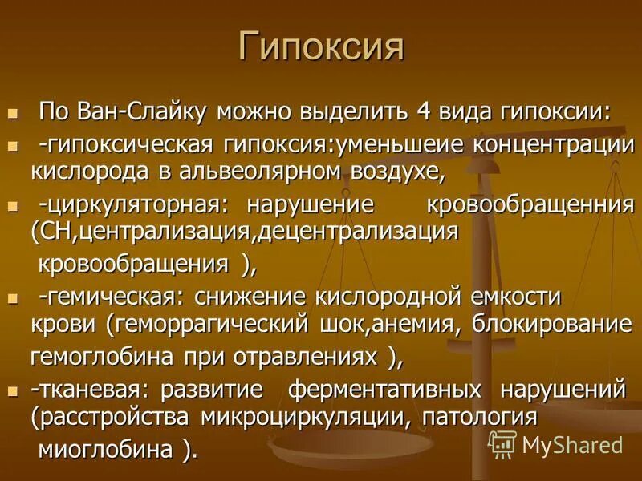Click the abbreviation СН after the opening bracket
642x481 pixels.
[x=51, y=232]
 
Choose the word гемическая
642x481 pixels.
[x=112, y=297]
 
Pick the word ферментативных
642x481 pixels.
[x=385, y=390]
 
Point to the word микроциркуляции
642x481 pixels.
[x=315, y=418]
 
